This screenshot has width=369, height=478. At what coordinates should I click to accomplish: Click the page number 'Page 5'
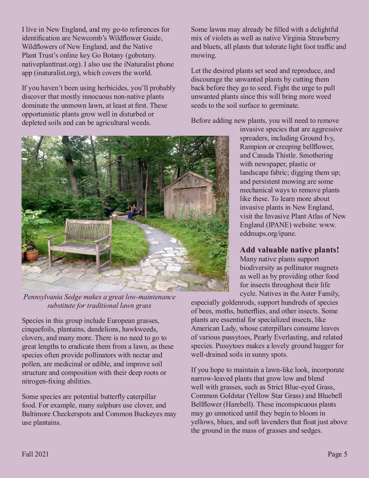[x=337, y=454]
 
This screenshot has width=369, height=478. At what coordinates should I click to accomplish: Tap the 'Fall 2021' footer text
[x=35, y=454]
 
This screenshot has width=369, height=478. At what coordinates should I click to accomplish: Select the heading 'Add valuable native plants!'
[x=289, y=250]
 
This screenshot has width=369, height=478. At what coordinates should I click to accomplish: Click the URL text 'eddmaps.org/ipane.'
[x=268, y=233]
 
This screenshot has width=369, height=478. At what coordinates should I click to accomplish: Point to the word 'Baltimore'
[x=36, y=414]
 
